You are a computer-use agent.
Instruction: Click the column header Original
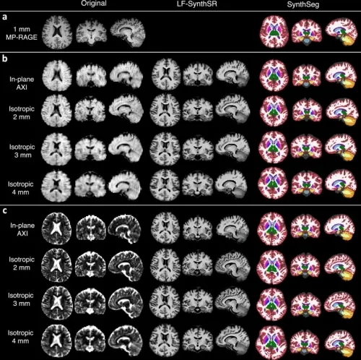94,4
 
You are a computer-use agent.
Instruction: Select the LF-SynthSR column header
197,4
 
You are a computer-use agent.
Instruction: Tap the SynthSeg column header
303,4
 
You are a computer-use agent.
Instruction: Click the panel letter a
4,17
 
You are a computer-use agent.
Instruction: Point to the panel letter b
4,59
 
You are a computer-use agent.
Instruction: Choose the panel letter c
4,211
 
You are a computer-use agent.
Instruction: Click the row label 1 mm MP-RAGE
22,33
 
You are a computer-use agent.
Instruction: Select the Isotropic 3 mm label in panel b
22,151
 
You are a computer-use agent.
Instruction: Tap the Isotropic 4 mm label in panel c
20,337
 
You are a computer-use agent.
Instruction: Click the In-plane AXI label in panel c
22,229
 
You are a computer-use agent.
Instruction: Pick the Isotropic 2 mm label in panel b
22,113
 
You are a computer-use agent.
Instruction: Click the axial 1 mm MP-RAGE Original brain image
57,33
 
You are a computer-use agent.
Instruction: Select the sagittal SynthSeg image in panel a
341,32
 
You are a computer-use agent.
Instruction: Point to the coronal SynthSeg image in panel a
307,33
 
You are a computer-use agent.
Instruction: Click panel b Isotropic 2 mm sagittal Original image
126,111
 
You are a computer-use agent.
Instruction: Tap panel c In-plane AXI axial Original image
57,228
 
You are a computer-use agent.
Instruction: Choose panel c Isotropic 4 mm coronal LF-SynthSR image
198,338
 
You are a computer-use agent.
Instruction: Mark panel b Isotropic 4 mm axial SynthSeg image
273,184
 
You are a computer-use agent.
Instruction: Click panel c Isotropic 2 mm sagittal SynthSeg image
340,265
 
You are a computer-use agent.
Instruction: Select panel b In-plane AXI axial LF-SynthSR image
166,75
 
